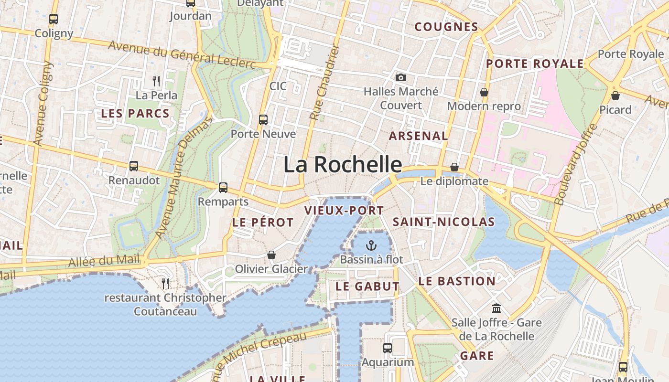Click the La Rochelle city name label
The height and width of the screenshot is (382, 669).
[x=343, y=165]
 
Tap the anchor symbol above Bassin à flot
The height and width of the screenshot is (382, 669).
[x=371, y=245]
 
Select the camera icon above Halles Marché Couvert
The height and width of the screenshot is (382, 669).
[x=400, y=77]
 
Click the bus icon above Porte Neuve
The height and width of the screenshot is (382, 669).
[x=263, y=119]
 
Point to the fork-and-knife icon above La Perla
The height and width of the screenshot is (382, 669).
[x=156, y=81]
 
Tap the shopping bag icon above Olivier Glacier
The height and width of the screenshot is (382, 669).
[x=271, y=255]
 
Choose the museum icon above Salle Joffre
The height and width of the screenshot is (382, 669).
[x=496, y=308]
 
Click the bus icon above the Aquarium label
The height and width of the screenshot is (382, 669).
[x=388, y=348]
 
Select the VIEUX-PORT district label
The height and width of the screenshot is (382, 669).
[x=344, y=211]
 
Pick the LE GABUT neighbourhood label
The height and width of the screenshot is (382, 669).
[x=367, y=286]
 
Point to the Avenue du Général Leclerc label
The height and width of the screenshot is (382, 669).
[x=182, y=53]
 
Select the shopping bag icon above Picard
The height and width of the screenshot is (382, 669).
[x=615, y=95]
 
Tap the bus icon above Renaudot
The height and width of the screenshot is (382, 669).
[x=134, y=166]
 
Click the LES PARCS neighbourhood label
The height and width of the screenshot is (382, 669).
[x=135, y=114]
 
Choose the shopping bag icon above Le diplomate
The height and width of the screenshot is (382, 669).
[x=454, y=167]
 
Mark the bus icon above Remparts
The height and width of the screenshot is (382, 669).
[x=223, y=187]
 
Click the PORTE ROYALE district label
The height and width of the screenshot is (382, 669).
[x=535, y=64]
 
